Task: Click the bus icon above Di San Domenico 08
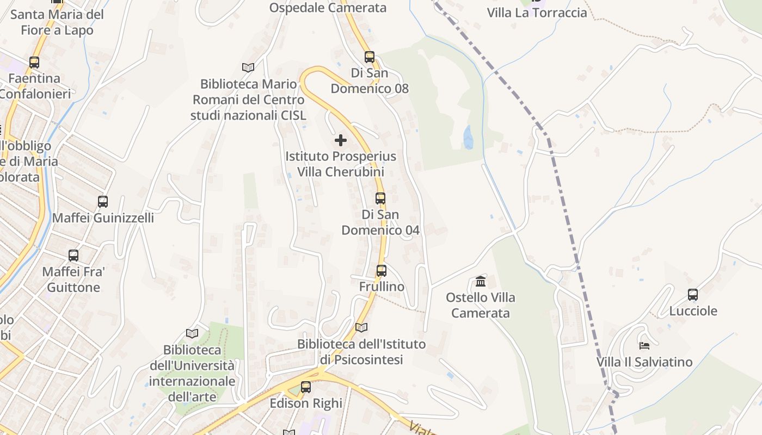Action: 370,57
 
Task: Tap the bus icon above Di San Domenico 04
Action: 380,198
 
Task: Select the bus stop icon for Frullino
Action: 382,270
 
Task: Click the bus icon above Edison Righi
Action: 306,387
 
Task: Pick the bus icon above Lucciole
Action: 693,295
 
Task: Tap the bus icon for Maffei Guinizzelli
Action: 103,202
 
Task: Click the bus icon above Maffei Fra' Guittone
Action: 73,255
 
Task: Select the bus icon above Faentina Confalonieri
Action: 34,63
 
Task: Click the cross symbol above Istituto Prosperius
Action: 341,140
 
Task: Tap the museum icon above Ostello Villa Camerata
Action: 481,281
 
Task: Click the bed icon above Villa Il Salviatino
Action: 644,345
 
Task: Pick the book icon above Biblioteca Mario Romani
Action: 248,67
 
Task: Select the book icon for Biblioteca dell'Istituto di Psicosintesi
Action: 361,327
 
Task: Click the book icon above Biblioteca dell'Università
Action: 192,333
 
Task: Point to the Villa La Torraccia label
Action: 537,13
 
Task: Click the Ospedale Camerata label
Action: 328,8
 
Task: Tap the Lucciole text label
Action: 693,311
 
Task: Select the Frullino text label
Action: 382,287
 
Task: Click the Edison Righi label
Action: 306,403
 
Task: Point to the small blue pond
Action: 468,138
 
